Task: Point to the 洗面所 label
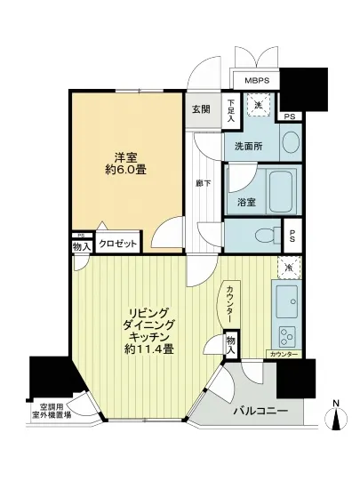pyautogui.click(x=248, y=147)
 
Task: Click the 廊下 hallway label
pyautogui.click(x=202, y=185)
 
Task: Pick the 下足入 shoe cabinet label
pyautogui.click(x=229, y=108)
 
